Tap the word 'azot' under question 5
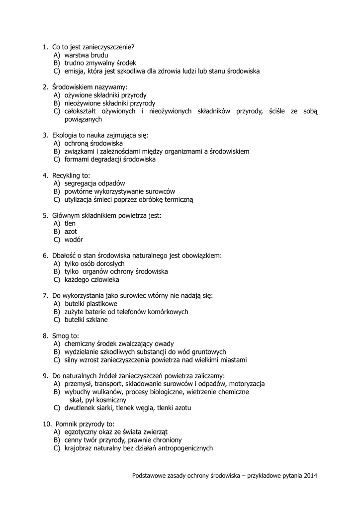point(71,232)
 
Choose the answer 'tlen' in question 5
point(70,224)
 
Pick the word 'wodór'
point(74,240)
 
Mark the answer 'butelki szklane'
point(86,320)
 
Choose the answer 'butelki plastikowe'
point(90,304)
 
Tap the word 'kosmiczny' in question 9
point(110,400)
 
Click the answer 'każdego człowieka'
point(91,280)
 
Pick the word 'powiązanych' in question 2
point(83,119)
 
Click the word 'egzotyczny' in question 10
point(82,432)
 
